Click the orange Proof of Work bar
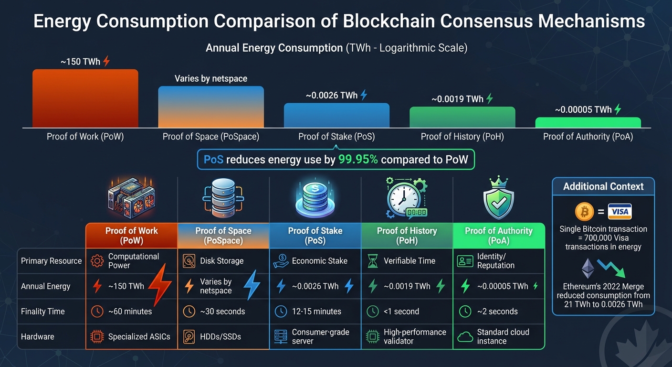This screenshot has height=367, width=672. (x=85, y=98)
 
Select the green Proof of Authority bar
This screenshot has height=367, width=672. (x=588, y=122)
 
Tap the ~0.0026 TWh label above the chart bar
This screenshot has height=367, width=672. (x=332, y=95)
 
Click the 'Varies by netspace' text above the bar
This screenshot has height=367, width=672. (x=210, y=78)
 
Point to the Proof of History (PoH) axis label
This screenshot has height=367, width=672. (x=462, y=137)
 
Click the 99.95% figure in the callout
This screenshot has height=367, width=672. (x=358, y=159)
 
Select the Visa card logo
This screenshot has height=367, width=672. (x=619, y=211)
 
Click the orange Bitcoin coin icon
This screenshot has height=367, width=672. (x=584, y=211)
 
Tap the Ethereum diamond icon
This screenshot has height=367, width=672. (x=588, y=268)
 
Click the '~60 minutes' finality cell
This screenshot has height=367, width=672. (x=130, y=312)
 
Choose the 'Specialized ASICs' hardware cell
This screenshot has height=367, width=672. (x=139, y=336)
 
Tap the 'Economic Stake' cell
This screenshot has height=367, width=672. (x=319, y=261)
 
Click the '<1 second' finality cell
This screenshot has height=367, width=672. (x=401, y=312)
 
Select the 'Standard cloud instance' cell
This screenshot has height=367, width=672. (x=503, y=336)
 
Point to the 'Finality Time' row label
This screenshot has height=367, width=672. (x=43, y=312)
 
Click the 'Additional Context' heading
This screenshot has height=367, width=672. (x=603, y=186)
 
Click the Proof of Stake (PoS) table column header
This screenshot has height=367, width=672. (x=315, y=235)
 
